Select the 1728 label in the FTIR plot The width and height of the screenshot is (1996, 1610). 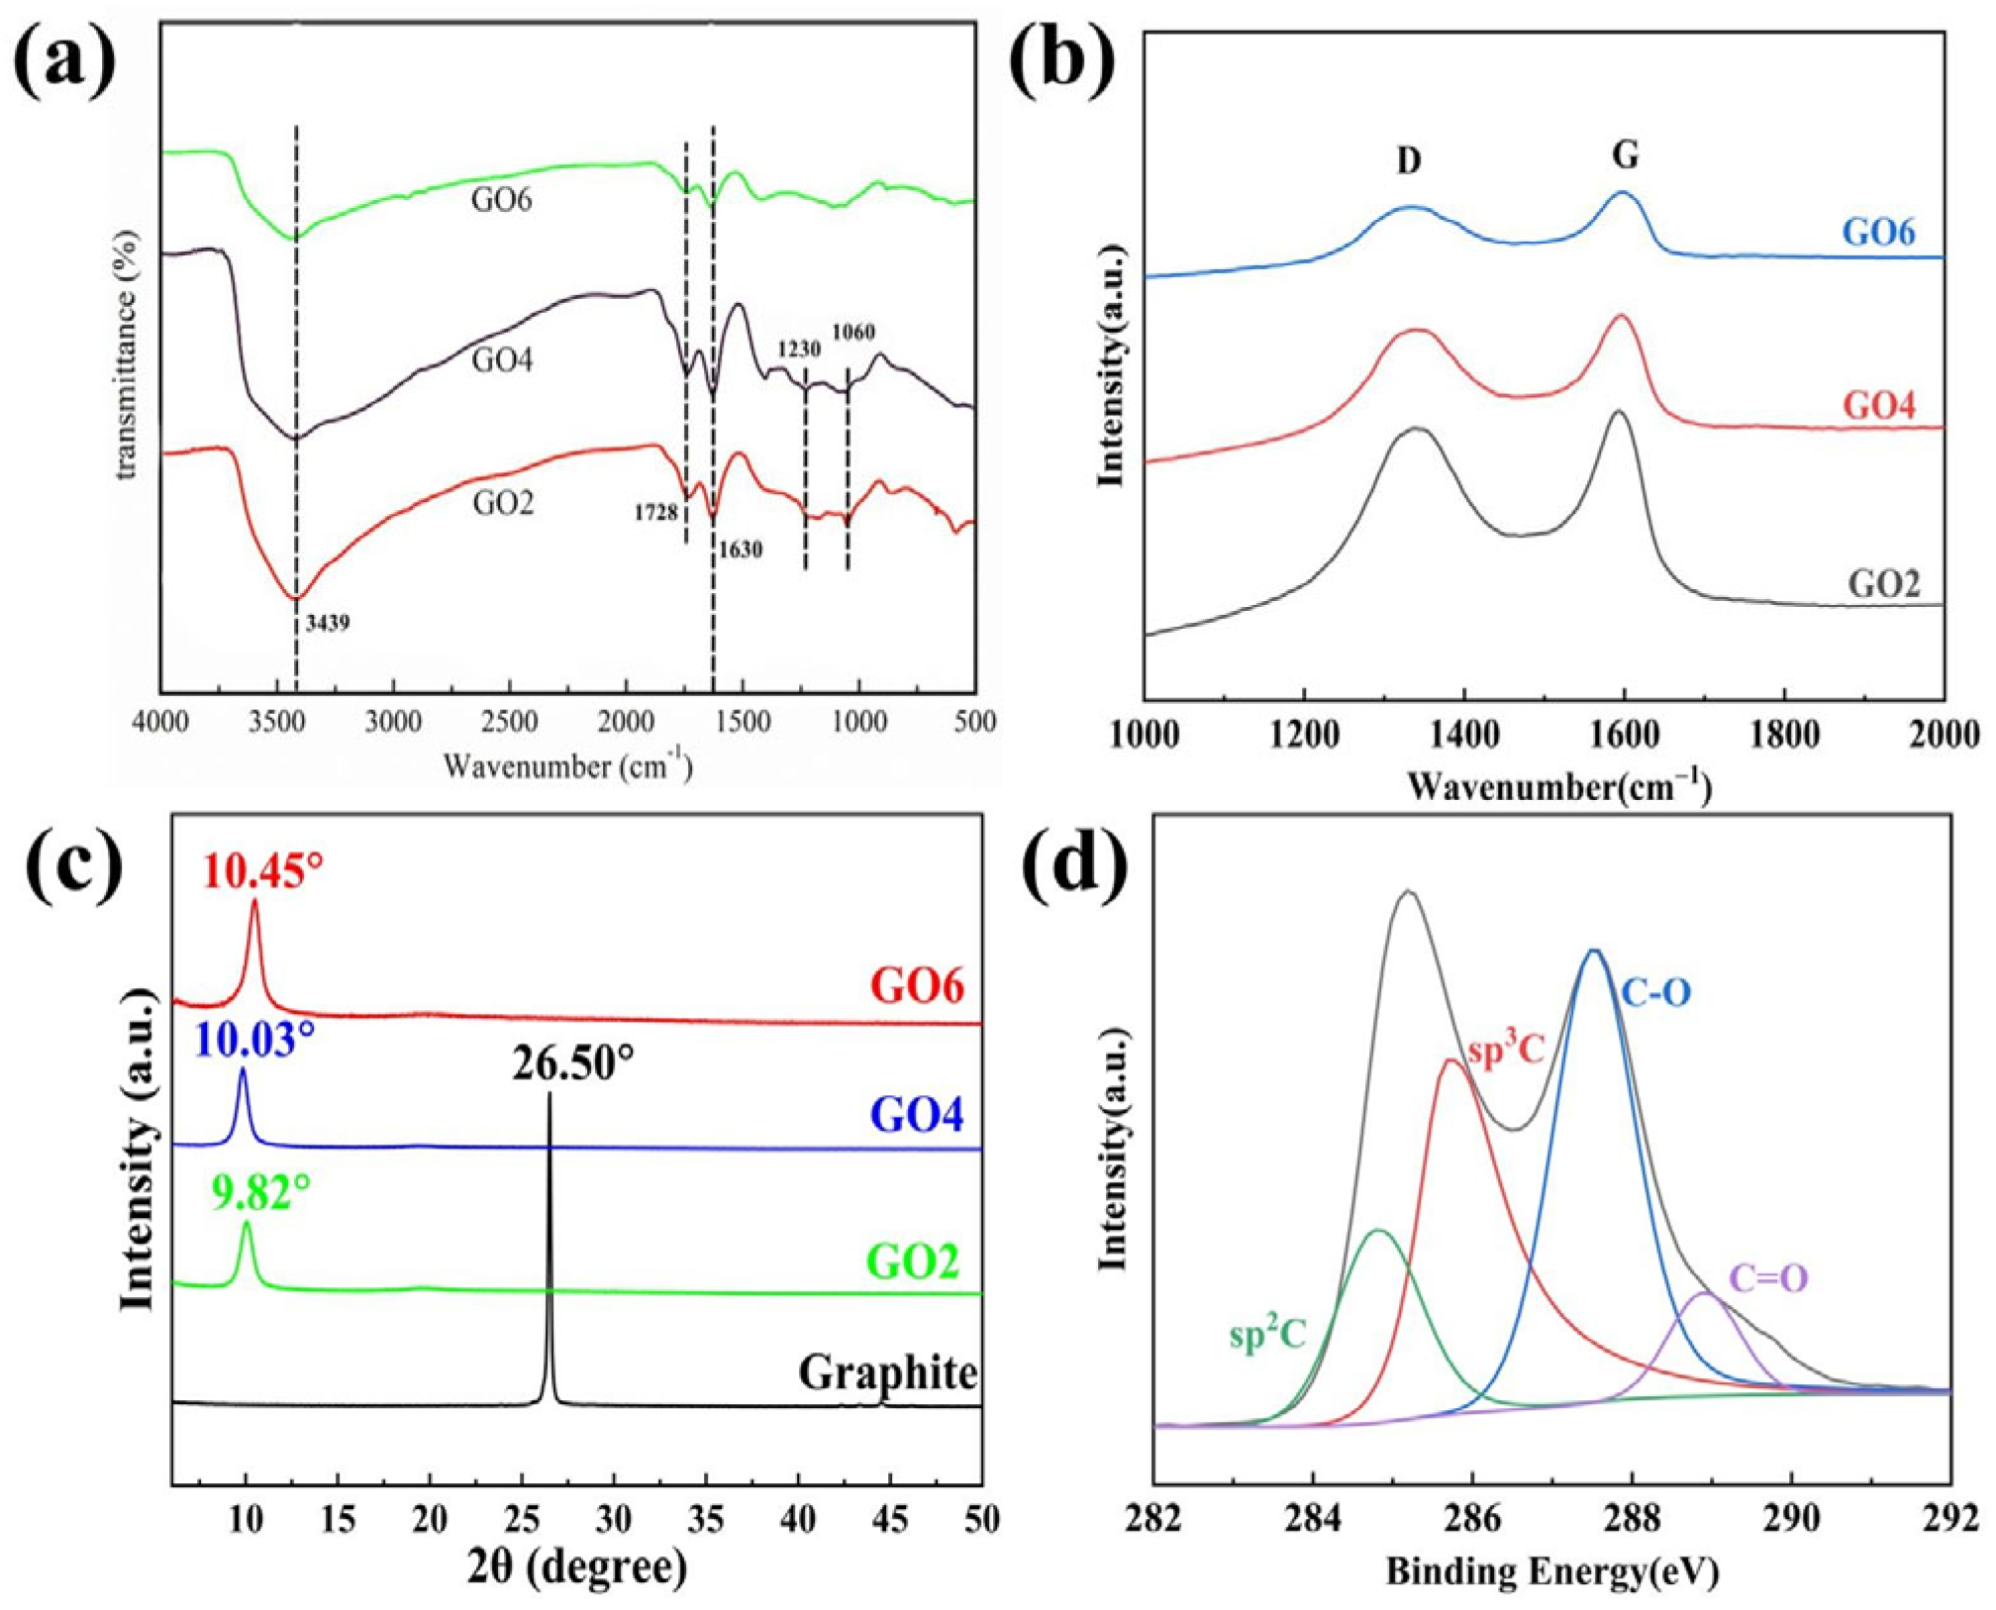(x=655, y=512)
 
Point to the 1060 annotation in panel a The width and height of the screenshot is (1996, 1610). (x=852, y=332)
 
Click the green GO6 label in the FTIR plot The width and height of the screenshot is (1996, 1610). (x=501, y=200)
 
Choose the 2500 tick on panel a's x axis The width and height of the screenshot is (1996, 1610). (x=509, y=723)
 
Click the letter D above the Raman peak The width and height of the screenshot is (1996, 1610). (x=1409, y=161)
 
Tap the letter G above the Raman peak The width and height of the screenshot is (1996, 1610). (x=1625, y=155)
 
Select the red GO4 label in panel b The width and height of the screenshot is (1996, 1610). (x=1878, y=405)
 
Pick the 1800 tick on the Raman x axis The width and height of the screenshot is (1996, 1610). (x=1784, y=735)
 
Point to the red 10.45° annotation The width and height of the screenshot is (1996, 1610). (x=263, y=872)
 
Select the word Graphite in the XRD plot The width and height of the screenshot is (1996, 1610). (x=888, y=1373)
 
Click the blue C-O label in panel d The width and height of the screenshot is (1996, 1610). (x=1655, y=992)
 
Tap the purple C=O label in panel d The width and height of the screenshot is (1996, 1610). (x=1768, y=1278)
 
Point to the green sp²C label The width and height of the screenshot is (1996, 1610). (x=1267, y=1336)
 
